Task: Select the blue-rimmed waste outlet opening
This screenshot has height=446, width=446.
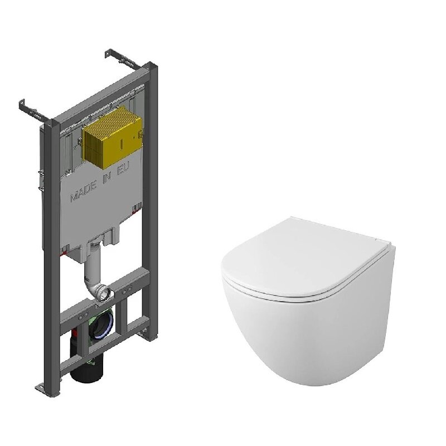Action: point(101,323)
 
